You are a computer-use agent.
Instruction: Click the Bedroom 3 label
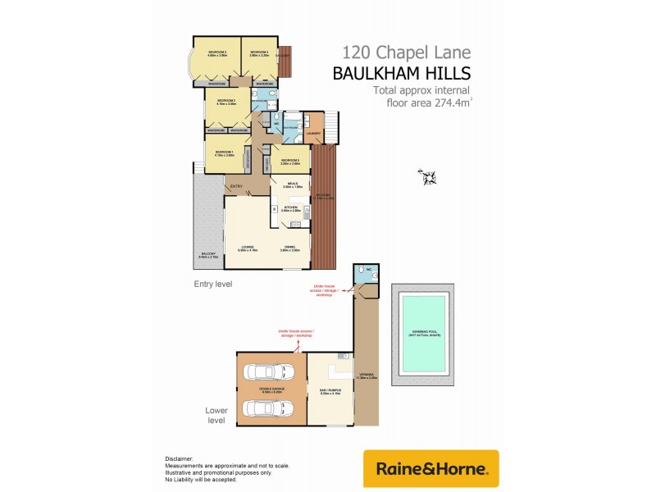[x=216, y=53]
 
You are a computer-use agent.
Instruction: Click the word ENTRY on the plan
[x=236, y=187]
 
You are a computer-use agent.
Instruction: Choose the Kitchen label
[x=289, y=208]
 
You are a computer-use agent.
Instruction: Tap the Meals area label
[x=289, y=185]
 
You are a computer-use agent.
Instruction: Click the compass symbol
[x=428, y=175]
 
